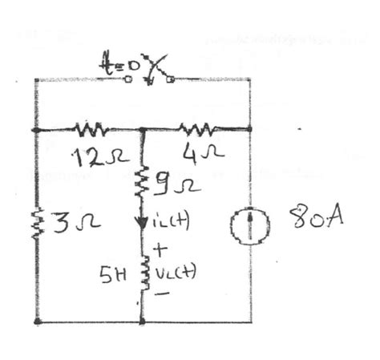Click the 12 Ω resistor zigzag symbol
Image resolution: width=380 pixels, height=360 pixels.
[91, 128]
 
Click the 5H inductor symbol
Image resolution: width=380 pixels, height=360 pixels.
[143, 269]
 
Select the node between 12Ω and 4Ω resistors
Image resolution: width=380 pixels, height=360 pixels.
[143, 128]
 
